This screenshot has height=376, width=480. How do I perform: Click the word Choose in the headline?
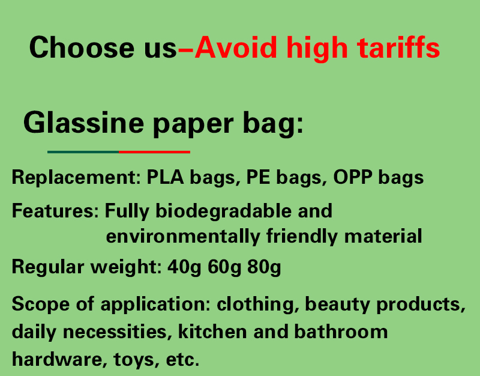(x=82, y=47)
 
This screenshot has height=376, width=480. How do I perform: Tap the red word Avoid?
(x=236, y=47)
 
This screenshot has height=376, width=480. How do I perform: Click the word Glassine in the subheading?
(x=83, y=123)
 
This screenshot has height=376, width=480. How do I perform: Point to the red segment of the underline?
(x=155, y=152)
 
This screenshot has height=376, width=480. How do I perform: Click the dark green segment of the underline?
(x=83, y=152)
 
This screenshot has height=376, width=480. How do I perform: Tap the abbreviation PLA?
(x=166, y=177)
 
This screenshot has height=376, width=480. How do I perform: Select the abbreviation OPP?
(x=353, y=177)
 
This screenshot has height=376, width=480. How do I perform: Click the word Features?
(x=55, y=211)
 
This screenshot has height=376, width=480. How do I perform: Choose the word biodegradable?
(x=223, y=211)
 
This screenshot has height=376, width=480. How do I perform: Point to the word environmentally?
(x=183, y=236)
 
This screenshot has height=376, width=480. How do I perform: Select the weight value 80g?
(x=264, y=267)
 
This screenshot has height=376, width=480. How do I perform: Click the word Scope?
(x=41, y=305)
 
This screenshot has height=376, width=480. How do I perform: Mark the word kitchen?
(x=212, y=332)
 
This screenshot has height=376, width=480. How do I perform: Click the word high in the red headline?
(x=317, y=49)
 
